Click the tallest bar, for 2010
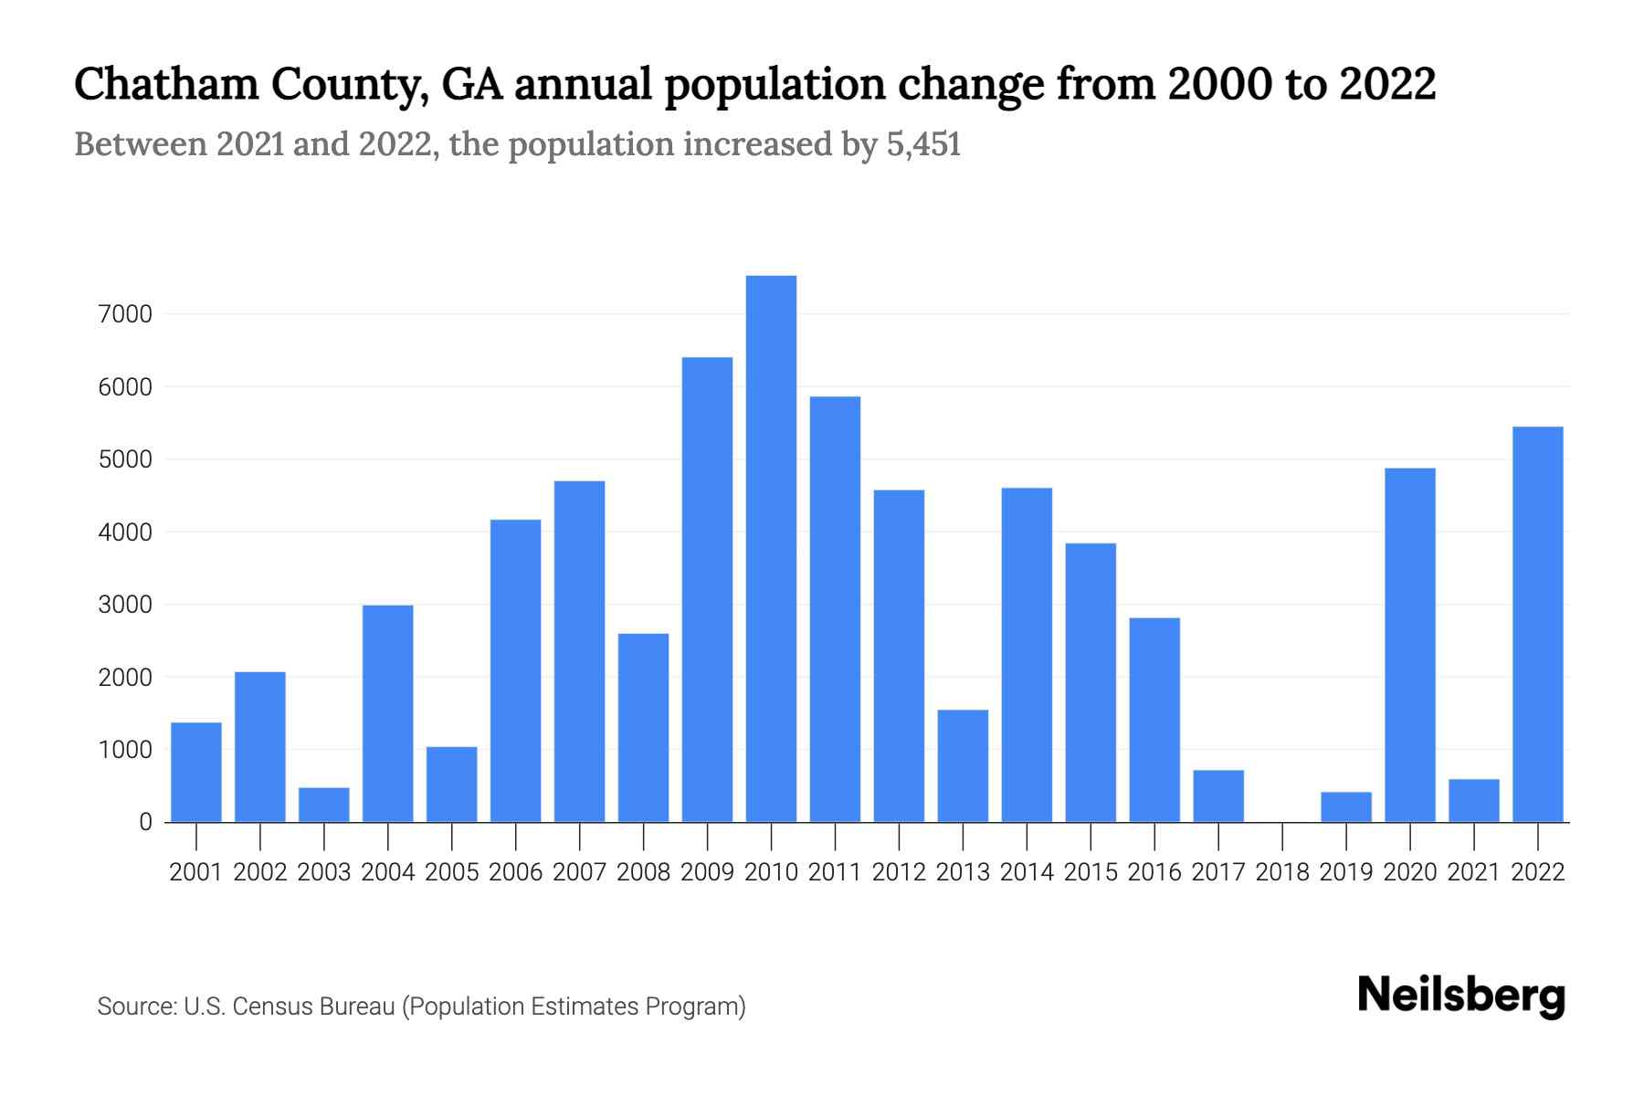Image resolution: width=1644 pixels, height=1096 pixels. [771, 548]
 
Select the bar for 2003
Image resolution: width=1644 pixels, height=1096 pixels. [324, 805]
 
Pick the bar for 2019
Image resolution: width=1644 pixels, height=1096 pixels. [1346, 807]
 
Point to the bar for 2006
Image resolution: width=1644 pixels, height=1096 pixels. [515, 670]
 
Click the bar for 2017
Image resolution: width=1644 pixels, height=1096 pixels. [1218, 796]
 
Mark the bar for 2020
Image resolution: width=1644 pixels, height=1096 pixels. [1410, 645]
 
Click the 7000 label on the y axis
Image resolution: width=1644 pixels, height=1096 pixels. [124, 314]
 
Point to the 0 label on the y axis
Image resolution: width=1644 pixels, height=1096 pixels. [145, 822]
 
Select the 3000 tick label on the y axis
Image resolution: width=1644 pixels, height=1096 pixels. [124, 605]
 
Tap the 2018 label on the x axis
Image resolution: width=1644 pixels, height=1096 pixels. [1282, 872]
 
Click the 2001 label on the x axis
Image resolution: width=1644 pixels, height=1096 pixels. [196, 872]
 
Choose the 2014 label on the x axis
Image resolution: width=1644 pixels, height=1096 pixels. [1027, 872]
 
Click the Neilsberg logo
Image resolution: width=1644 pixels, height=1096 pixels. [1461, 996]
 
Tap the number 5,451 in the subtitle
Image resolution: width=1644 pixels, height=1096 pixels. [923, 144]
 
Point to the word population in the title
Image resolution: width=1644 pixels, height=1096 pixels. [775, 84]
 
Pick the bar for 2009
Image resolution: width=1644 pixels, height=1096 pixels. [707, 589]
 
